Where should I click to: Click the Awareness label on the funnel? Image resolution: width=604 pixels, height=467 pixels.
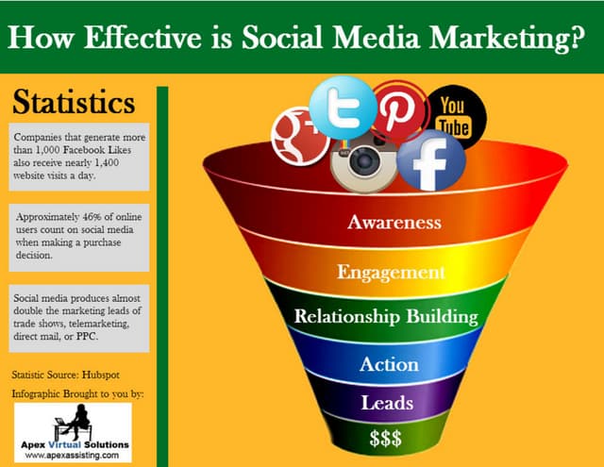point(394,223)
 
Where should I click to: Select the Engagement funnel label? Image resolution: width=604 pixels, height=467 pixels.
point(391,273)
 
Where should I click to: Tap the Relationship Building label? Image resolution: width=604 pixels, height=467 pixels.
point(385,316)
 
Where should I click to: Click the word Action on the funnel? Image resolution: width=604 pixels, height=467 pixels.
point(388,364)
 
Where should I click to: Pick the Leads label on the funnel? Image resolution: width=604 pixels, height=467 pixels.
point(387,403)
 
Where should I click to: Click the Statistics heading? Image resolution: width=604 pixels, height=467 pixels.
point(75,102)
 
